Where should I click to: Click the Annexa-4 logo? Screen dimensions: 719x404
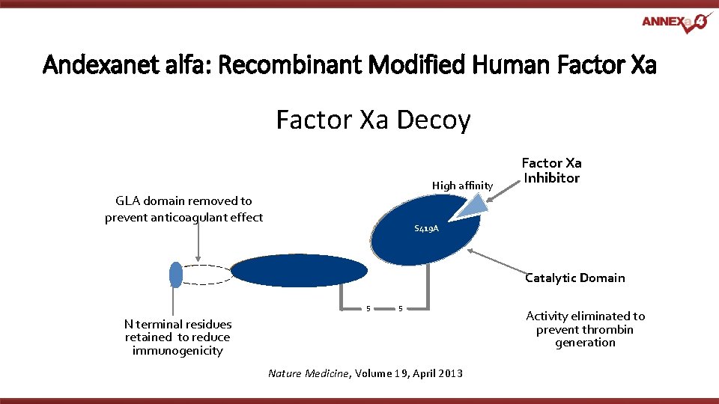674,22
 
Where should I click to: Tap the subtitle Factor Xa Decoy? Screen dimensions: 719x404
373,120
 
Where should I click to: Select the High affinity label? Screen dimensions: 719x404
462,186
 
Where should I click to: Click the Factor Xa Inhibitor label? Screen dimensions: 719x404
551,171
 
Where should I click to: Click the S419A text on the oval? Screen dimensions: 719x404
426,229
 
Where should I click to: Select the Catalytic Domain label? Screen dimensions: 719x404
574,278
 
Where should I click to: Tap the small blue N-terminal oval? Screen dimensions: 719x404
175,275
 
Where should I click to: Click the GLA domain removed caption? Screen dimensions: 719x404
183,209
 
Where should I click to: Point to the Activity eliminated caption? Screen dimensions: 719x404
585,329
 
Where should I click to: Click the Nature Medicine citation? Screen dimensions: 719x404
365,373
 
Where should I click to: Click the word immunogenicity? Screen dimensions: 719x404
178,351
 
